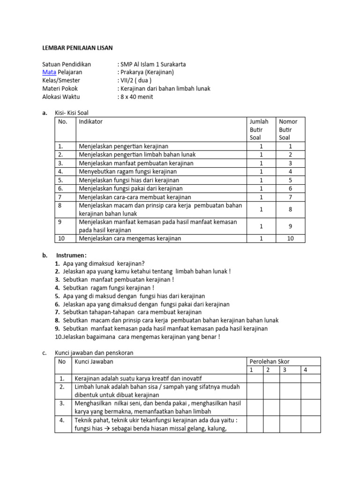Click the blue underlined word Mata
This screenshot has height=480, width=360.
(50, 72)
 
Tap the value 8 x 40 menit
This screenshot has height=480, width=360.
(136, 97)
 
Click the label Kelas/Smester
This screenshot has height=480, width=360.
(61, 81)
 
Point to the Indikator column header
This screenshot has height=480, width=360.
(90, 122)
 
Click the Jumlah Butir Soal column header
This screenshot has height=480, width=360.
(259, 129)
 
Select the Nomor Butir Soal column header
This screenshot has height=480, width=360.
(288, 129)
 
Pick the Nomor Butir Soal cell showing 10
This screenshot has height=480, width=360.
(290, 238)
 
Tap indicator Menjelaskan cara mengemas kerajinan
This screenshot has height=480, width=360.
(130, 238)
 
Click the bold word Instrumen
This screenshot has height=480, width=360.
(71, 255)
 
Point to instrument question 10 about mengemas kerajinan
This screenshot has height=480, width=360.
(138, 337)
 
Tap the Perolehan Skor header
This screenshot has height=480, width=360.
(270, 361)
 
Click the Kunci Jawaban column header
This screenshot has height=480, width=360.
(94, 361)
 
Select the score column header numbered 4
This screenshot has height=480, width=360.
(305, 370)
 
